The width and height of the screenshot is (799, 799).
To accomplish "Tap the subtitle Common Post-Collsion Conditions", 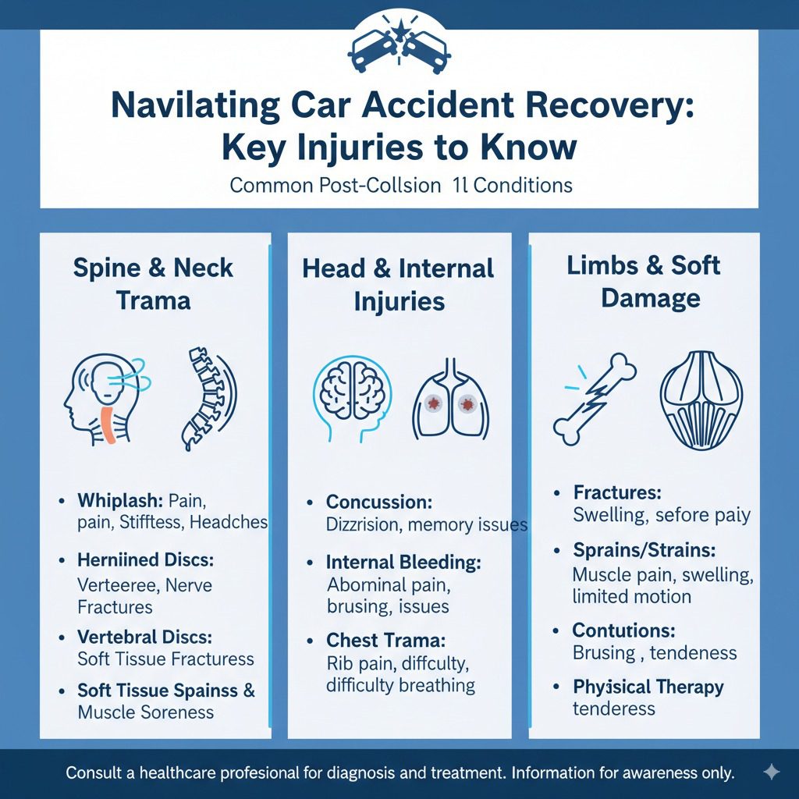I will tap(401, 186).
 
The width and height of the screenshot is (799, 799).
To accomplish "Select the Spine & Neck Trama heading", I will tap(153, 283).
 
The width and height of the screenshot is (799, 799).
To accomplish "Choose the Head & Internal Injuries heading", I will tap(399, 285).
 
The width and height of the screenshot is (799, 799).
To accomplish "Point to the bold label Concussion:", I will tap(378, 502).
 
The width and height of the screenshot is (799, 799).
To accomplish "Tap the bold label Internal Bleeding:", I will tap(403, 563).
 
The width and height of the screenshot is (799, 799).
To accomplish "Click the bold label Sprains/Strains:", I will tap(644, 550).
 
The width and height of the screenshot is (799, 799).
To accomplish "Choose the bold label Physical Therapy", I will tap(648, 687).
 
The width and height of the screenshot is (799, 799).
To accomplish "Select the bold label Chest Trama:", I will tap(385, 641).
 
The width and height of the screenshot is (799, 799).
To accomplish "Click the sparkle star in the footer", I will tap(770, 772).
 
